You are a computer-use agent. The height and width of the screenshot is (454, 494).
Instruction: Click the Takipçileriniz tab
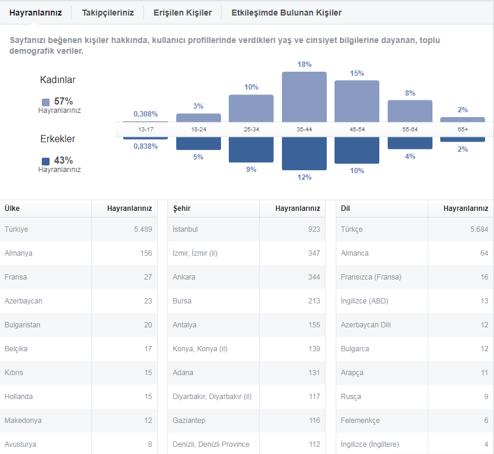[108, 13]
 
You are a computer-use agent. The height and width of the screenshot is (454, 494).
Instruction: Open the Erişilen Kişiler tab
[182, 13]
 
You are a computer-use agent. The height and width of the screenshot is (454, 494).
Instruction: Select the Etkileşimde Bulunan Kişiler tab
[286, 13]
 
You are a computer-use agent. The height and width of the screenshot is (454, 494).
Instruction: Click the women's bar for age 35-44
[304, 97]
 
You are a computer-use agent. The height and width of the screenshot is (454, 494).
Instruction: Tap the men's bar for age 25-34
[251, 150]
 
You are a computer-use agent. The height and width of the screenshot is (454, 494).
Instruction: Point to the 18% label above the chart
[304, 65]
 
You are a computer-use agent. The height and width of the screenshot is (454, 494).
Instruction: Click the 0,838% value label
[146, 146]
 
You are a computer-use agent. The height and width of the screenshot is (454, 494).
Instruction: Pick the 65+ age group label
[462, 130]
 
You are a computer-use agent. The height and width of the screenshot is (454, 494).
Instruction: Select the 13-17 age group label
[146, 130]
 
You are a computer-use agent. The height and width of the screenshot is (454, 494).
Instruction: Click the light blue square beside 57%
[45, 102]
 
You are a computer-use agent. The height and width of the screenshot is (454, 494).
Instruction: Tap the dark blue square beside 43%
[45, 161]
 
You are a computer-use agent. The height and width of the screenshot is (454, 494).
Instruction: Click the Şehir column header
[182, 208]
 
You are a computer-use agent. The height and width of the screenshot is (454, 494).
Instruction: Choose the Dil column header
[345, 208]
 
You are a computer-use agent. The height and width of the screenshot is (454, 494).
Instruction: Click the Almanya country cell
[19, 253]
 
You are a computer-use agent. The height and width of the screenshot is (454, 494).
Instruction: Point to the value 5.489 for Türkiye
[143, 229]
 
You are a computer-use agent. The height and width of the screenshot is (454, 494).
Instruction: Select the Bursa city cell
[182, 301]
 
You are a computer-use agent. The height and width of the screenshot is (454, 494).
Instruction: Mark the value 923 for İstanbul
[314, 229]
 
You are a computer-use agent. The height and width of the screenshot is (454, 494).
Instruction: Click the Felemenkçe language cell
[360, 421]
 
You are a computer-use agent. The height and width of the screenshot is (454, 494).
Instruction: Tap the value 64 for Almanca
[484, 253]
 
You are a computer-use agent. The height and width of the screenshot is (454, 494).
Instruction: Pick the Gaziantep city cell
[189, 421]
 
